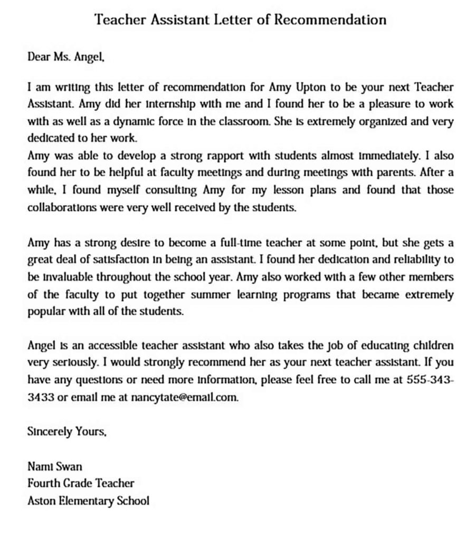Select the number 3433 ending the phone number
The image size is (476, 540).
[x=40, y=398]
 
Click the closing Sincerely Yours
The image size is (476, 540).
[x=66, y=432]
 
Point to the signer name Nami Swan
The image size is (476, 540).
[x=54, y=466]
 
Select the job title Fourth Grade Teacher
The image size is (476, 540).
[x=81, y=483]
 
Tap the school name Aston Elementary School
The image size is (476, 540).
[x=88, y=500]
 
